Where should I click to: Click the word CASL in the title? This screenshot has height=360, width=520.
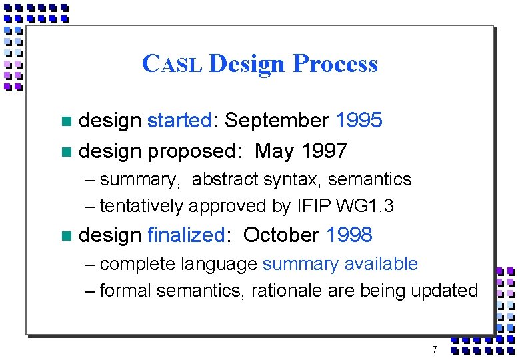[x=172, y=65]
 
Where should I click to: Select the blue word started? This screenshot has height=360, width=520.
[x=179, y=121]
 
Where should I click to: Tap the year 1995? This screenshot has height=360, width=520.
[x=359, y=121]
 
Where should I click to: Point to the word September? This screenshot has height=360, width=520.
[x=277, y=121]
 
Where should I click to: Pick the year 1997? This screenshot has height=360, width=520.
[x=324, y=151]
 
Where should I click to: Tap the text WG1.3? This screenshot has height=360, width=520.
[x=365, y=207]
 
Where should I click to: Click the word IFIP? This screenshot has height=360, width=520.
[x=313, y=207]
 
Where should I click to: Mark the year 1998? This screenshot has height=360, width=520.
[x=349, y=235]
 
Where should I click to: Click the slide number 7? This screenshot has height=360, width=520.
[x=434, y=349]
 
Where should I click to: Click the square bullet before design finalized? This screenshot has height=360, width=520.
[x=65, y=235]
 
